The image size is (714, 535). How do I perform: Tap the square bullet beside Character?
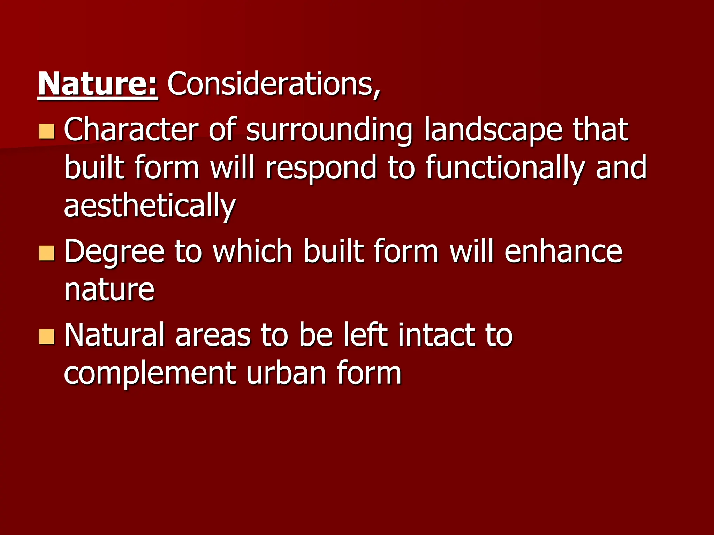[x=46, y=131]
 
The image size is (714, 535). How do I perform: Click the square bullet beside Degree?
[x=46, y=253]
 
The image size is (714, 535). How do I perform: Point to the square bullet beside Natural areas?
[x=46, y=336]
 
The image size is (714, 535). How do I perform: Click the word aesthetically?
[x=150, y=206]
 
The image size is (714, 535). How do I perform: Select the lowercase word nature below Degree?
[x=109, y=290]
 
